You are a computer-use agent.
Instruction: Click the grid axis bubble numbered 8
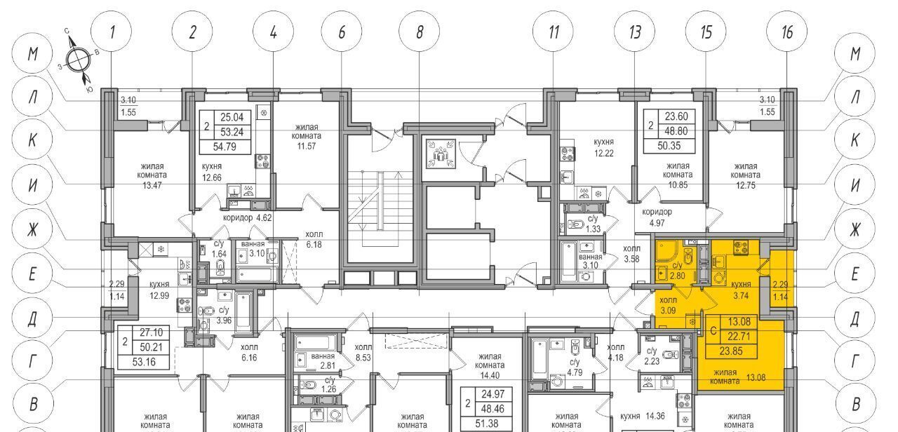point(419,32)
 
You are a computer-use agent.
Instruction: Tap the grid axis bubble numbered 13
point(635,32)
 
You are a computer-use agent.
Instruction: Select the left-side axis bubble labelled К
point(32,140)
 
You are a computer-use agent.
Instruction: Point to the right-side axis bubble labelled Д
point(855,318)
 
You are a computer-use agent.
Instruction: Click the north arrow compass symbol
point(78,61)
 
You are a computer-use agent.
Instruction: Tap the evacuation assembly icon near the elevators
point(441,154)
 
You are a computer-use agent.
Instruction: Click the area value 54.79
point(224,147)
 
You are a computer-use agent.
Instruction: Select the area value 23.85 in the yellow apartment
point(731,351)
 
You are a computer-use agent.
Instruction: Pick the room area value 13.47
point(152,185)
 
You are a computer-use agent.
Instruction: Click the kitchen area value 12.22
point(604,153)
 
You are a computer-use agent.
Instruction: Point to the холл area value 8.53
point(363,357)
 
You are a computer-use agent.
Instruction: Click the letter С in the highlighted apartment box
point(713,331)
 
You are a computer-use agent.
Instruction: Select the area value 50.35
point(669,145)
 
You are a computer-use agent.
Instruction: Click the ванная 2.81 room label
point(323,360)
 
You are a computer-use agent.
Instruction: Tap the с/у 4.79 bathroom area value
point(575,372)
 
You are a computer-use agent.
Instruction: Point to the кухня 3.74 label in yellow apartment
point(741,290)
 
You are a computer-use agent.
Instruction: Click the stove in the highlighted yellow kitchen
point(741,248)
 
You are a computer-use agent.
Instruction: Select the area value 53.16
point(144,362)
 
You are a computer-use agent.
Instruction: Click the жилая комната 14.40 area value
point(490,375)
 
